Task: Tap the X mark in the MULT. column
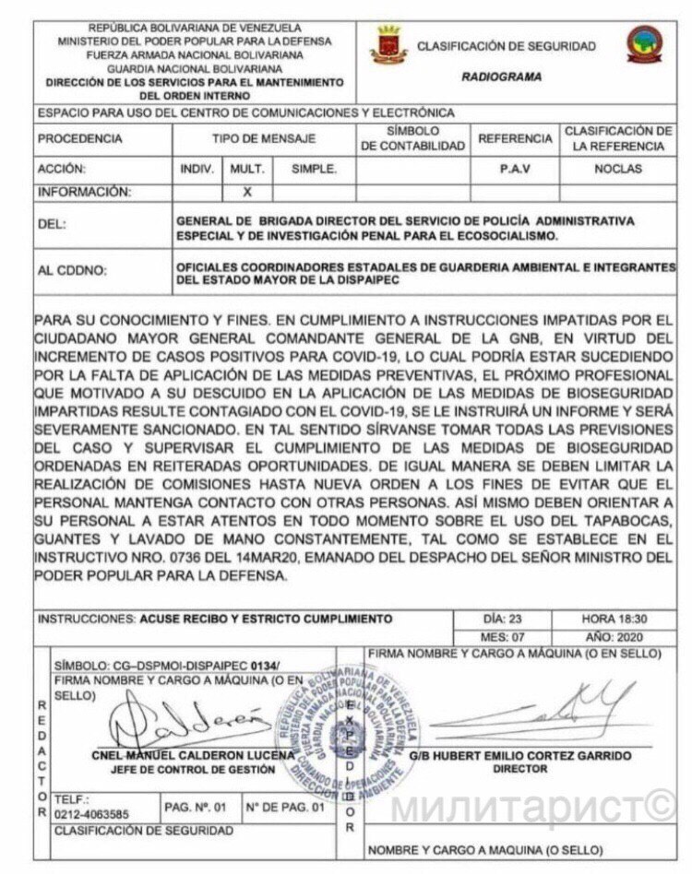[x=246, y=193]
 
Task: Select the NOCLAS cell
[x=617, y=170]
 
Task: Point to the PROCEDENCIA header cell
[x=80, y=138]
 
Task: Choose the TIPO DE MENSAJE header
[x=263, y=138]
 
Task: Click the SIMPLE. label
[x=314, y=170]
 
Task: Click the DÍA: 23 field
[x=503, y=619]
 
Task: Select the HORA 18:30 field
[x=614, y=619]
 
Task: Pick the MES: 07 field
[x=503, y=637]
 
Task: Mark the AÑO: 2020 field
[x=614, y=637]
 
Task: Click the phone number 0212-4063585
[x=90, y=814]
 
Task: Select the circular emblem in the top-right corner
[x=644, y=44]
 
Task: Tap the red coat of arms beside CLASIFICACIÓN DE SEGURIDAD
[x=388, y=44]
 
